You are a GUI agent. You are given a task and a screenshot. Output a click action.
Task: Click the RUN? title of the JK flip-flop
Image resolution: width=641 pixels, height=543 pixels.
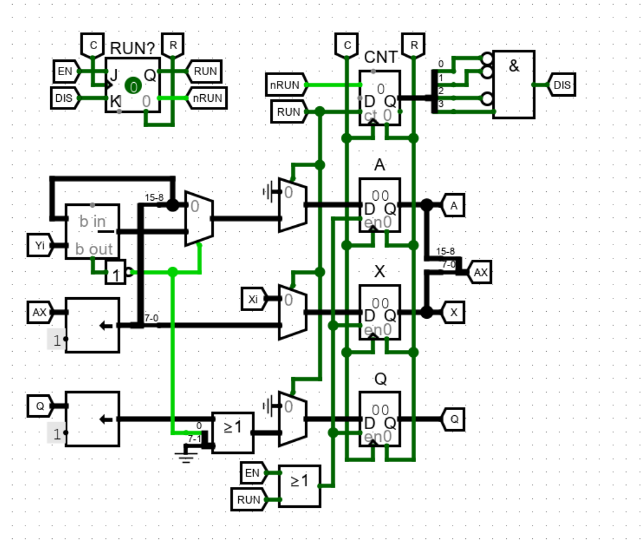[132, 49]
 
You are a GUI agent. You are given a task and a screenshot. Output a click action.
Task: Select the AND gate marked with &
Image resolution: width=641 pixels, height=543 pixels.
[513, 84]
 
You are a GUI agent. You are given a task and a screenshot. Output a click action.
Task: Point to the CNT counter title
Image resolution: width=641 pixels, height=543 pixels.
[380, 57]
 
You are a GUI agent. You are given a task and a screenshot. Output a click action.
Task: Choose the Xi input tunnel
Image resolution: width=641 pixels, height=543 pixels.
[254, 299]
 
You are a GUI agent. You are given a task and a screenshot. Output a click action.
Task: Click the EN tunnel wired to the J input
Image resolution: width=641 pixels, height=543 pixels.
[64, 72]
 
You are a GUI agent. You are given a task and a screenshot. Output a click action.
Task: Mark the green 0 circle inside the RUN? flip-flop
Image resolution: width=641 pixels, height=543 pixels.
[134, 87]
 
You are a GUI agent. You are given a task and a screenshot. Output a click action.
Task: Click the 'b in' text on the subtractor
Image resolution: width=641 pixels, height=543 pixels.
[92, 221]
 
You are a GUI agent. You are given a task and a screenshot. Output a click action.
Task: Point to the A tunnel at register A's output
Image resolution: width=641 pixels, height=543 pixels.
[454, 205]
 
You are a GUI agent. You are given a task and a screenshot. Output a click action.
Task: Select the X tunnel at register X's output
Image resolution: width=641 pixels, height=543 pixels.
[454, 313]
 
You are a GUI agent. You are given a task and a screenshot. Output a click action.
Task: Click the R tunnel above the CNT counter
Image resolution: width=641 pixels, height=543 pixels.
[414, 45]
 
